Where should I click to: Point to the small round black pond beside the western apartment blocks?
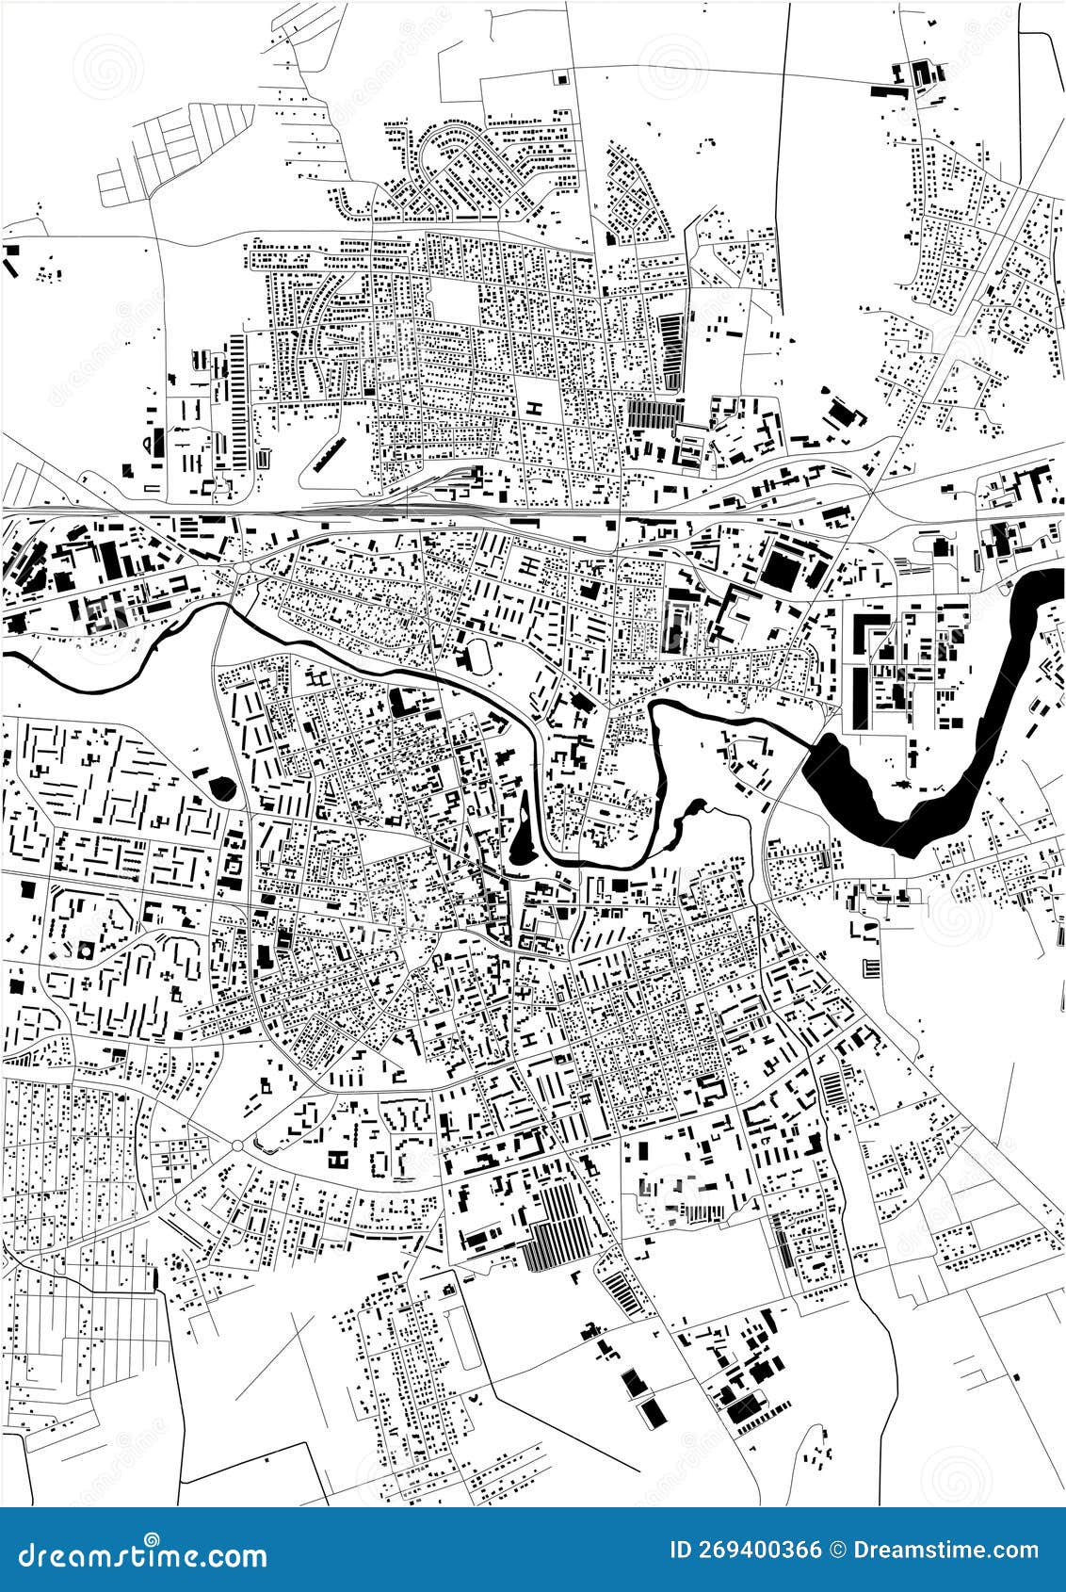pos(223,786)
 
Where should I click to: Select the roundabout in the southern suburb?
pos(236,1145)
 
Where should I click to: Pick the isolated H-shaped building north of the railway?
pos(534,408)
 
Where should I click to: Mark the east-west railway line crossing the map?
pos(377,512)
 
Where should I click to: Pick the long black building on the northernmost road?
pos(886,92)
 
